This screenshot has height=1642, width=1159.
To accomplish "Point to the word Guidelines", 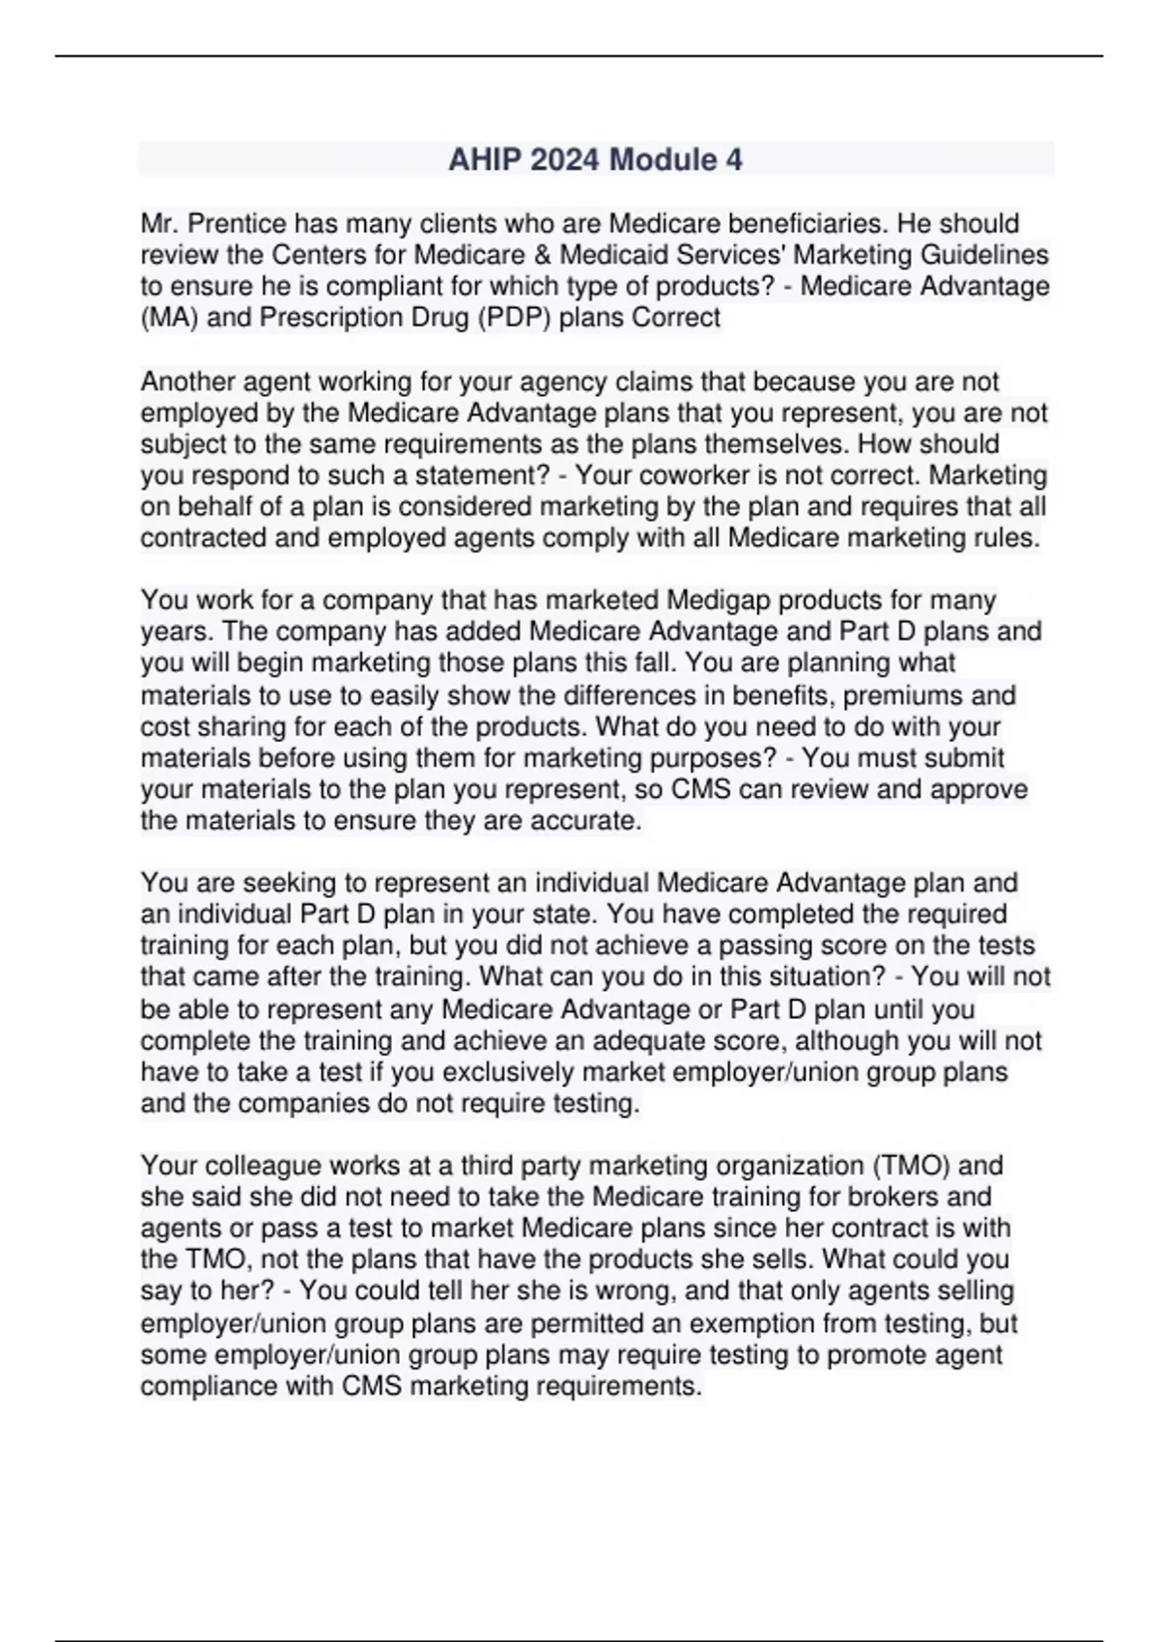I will pos(987,255).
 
